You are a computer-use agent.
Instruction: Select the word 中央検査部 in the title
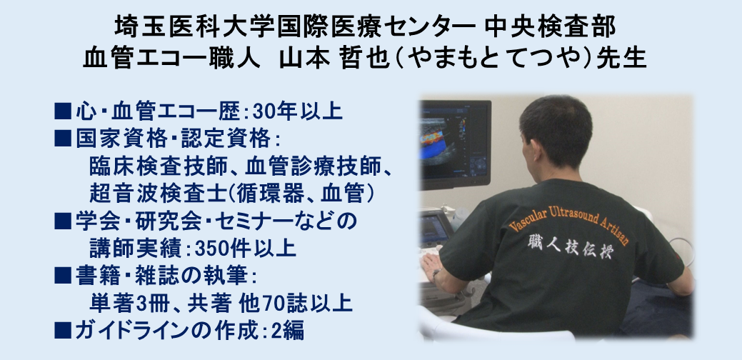pyautogui.click(x=551, y=26)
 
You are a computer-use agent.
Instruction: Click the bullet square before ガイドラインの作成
pyautogui.click(x=63, y=329)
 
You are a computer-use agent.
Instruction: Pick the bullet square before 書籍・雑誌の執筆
pyautogui.click(x=63, y=275)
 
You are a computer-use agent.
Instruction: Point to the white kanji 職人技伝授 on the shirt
pyautogui.click(x=569, y=246)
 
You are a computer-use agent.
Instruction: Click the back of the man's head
pyautogui.click(x=556, y=129)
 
